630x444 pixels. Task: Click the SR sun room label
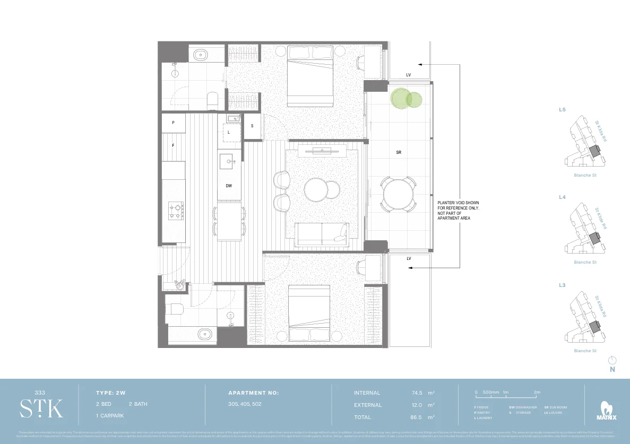click(x=399, y=152)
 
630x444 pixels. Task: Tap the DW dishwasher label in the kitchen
click(x=229, y=186)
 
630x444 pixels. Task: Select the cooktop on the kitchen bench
click(x=176, y=211)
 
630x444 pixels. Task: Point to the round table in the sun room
click(x=398, y=195)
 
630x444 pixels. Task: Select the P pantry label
click(x=173, y=123)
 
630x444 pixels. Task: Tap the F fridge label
click(x=173, y=145)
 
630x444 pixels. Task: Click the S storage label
click(x=252, y=126)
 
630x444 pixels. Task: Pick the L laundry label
click(x=229, y=132)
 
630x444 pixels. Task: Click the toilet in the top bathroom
click(x=212, y=100)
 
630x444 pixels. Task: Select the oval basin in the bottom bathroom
click(x=204, y=334)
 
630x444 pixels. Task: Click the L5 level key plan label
click(x=562, y=110)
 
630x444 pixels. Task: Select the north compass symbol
click(x=612, y=360)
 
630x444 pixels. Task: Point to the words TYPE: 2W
click(x=110, y=393)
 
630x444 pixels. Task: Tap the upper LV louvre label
click(x=409, y=75)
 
